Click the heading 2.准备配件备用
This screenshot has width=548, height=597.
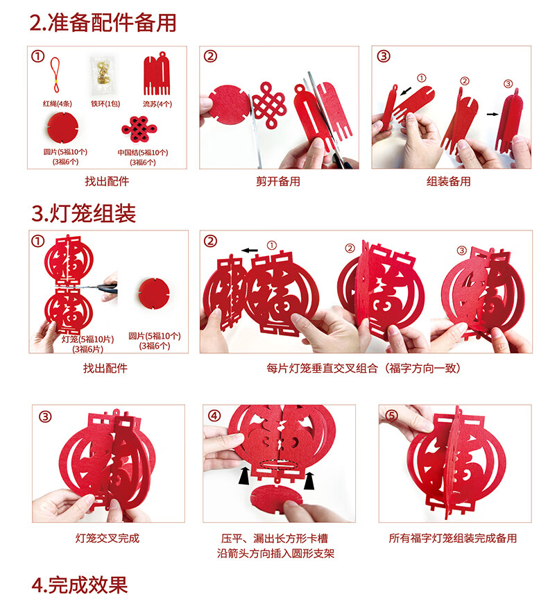(x=103, y=22)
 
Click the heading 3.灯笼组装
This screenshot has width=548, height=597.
(x=83, y=213)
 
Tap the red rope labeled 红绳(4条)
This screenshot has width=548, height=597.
(x=56, y=76)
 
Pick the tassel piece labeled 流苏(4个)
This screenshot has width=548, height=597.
(x=156, y=74)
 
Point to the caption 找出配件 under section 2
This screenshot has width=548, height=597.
(x=107, y=181)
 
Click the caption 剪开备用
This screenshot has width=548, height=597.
(x=277, y=181)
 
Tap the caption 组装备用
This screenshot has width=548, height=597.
(x=449, y=181)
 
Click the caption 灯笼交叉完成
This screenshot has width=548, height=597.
(x=108, y=538)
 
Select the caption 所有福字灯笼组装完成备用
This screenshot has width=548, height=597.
(x=453, y=538)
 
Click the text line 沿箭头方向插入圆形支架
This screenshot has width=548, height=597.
(x=275, y=553)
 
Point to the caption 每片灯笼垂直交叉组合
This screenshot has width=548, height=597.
(x=322, y=368)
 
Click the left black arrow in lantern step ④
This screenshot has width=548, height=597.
(x=244, y=476)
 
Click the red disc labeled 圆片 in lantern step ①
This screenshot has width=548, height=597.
(x=153, y=294)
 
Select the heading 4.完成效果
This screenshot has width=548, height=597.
(x=79, y=585)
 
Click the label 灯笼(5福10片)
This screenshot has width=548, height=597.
(x=87, y=339)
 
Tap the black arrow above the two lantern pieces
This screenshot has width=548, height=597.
(x=250, y=250)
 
